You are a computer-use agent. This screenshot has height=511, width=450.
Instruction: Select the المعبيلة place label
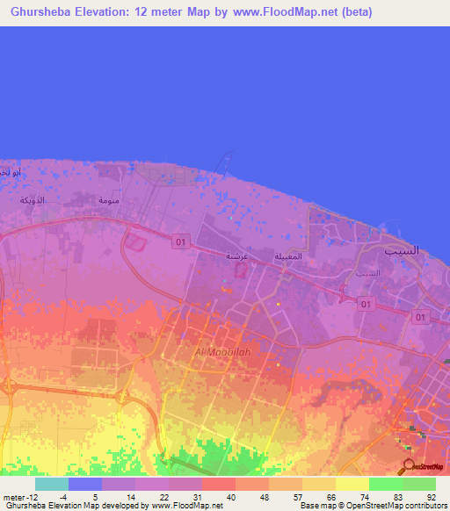(x=290, y=256)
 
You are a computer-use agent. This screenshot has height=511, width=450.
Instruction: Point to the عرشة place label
(x=236, y=255)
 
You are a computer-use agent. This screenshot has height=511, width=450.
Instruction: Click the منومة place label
(x=107, y=200)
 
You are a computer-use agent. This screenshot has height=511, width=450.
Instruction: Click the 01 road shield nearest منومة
(x=180, y=240)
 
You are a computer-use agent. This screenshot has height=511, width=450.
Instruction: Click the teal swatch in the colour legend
(x=51, y=484)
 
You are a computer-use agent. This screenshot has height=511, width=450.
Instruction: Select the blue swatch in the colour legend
(x=84, y=484)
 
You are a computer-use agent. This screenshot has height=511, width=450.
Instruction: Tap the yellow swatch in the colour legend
(x=352, y=484)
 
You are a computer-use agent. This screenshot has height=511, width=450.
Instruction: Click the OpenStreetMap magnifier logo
(x=409, y=465)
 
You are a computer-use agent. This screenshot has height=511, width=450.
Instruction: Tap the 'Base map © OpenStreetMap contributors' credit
(x=372, y=506)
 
